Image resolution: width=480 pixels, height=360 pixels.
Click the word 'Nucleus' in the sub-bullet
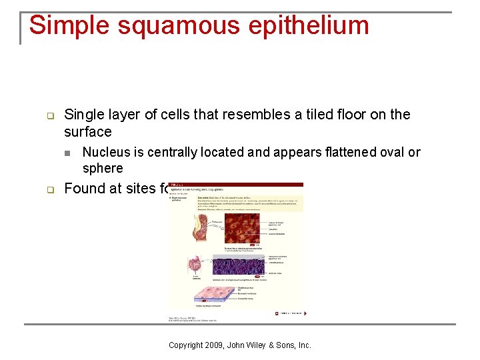click(x=107, y=152)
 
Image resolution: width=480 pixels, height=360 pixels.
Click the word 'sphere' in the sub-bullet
click(x=103, y=168)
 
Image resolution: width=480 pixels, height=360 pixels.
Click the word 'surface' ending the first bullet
click(x=88, y=131)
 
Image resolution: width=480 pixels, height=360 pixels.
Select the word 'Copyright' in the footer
click(x=187, y=345)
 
